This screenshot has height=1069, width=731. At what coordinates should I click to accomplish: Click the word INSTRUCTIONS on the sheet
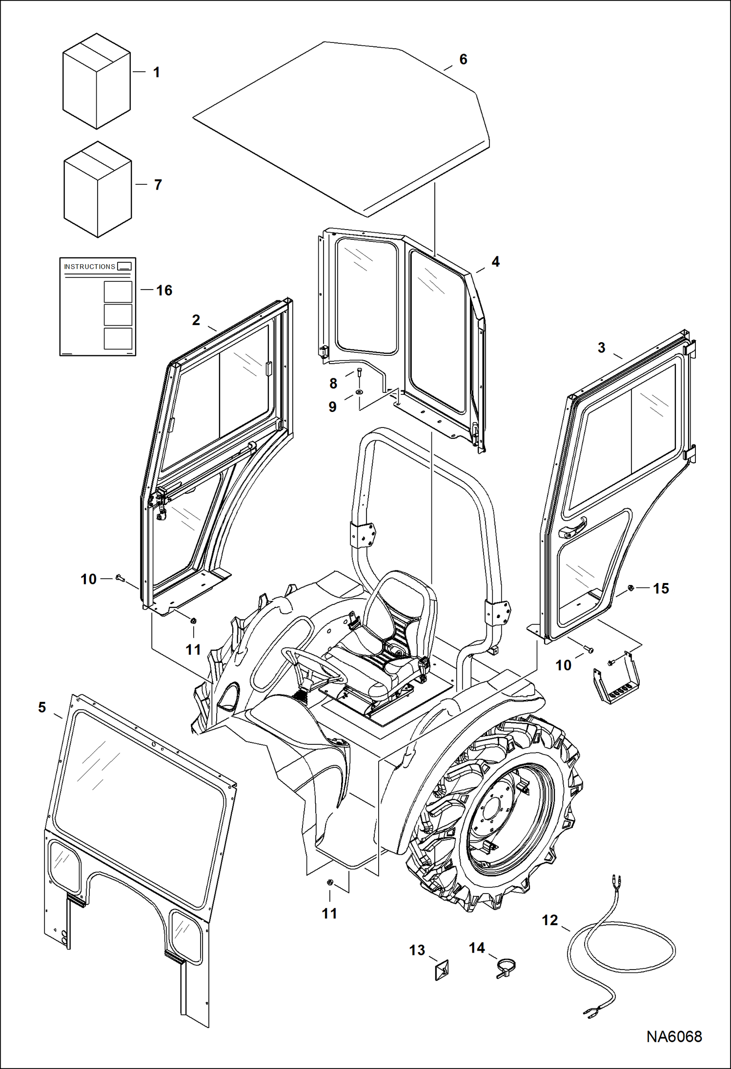(x=90, y=267)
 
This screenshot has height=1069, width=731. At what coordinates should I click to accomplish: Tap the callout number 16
(x=164, y=291)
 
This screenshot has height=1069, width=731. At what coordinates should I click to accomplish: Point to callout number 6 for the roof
(x=463, y=59)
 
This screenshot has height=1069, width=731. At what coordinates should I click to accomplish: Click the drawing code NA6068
(x=674, y=1036)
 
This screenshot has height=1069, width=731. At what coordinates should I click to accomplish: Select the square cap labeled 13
(x=441, y=971)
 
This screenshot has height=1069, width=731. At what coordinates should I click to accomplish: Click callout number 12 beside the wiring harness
(x=549, y=920)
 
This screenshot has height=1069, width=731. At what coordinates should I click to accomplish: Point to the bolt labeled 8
(x=359, y=373)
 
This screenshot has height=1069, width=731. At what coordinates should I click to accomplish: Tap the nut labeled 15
(x=630, y=588)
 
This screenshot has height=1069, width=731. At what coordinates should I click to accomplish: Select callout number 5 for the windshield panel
(x=42, y=707)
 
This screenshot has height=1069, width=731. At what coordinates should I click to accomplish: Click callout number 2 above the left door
(x=196, y=320)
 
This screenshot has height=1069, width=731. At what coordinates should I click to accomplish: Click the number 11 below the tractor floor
(x=329, y=914)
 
